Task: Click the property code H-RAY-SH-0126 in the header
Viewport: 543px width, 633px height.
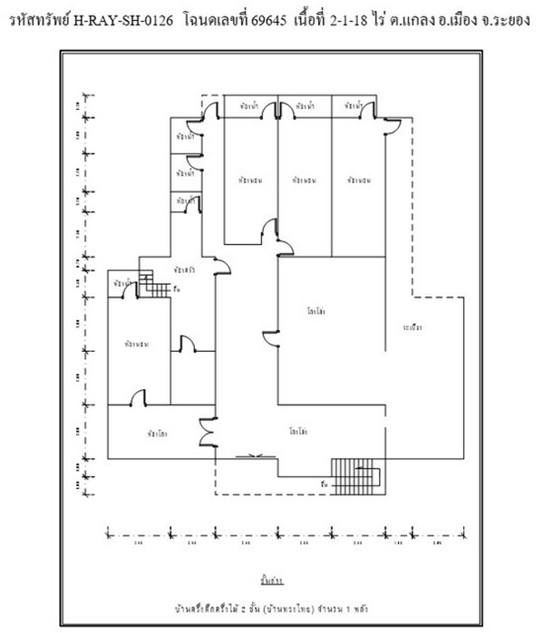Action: [x=123, y=20]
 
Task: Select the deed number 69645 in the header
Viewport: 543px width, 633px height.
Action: [x=269, y=20]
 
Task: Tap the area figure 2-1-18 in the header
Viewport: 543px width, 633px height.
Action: [x=348, y=20]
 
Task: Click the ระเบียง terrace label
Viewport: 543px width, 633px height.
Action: [x=412, y=328]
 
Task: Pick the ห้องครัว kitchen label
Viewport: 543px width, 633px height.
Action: [x=184, y=269]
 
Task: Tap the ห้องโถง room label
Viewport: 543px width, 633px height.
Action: [x=157, y=434]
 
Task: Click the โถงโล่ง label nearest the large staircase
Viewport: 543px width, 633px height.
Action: [x=298, y=431]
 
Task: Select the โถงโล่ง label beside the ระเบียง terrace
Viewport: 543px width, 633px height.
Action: [x=316, y=311]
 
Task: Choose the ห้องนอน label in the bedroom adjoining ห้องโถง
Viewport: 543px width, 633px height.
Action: [x=136, y=344]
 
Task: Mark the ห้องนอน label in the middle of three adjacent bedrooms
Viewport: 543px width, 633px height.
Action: [x=304, y=180]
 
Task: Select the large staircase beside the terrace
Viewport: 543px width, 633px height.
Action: [x=354, y=476]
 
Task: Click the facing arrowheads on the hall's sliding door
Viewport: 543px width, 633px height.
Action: [x=256, y=456]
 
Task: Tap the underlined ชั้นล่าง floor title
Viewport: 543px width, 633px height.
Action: [x=271, y=580]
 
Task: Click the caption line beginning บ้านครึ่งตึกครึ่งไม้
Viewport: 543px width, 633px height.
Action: [x=271, y=609]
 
